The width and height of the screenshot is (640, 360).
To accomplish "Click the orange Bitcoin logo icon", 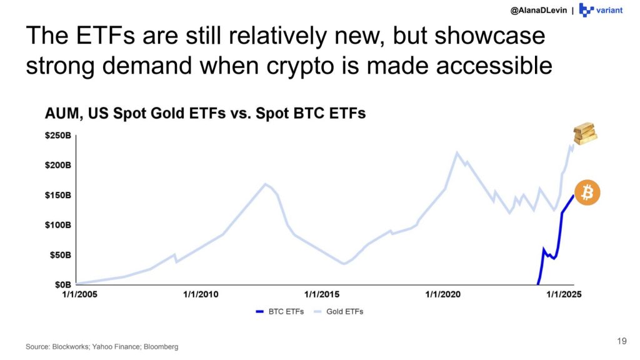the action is coord(587,192).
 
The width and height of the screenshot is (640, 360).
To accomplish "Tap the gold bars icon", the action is coord(585,133).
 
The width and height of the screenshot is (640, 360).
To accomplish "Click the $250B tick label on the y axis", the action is coord(58,136).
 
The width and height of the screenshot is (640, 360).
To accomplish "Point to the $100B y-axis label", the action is coord(58,225).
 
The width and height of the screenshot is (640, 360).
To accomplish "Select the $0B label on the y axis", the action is coord(63,284).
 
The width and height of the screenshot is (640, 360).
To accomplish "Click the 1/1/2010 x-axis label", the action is coord(201,294).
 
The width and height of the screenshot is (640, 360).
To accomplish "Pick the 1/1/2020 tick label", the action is coord(443,294).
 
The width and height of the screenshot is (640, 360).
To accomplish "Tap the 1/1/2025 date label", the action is coord(564,294).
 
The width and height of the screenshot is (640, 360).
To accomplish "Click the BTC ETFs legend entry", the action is coord(280,311).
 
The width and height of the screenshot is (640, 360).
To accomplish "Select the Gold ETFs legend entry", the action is coord(338,311).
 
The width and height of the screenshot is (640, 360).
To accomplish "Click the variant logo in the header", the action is coord(601,10).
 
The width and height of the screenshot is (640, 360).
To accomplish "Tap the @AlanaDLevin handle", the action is coord(538,10).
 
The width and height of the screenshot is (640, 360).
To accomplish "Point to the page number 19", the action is coord(622,341).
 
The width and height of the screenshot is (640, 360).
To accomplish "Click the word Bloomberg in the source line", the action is coord(161,347).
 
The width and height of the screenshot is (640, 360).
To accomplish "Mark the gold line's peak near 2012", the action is coord(265,184).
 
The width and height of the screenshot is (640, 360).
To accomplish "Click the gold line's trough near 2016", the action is coord(344,264).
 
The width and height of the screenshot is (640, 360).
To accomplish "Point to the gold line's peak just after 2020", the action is coord(457,152).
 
